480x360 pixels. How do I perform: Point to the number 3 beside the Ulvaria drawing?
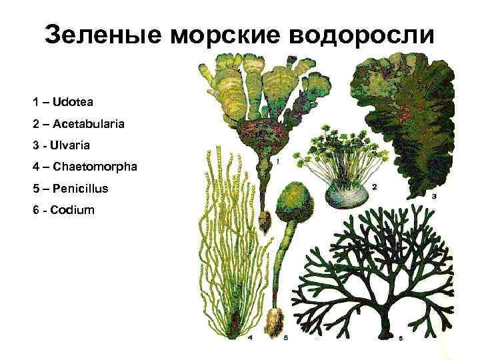(434, 197)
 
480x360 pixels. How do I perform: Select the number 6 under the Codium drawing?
(400, 339)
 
